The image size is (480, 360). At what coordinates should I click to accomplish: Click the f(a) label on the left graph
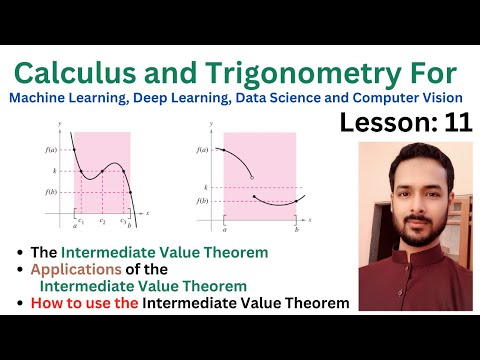click(x=50, y=150)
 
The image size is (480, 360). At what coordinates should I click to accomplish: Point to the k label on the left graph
click(x=56, y=172)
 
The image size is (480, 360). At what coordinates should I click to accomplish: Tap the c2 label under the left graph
click(x=102, y=220)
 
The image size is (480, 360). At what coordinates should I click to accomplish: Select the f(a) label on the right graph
click(x=203, y=150)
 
